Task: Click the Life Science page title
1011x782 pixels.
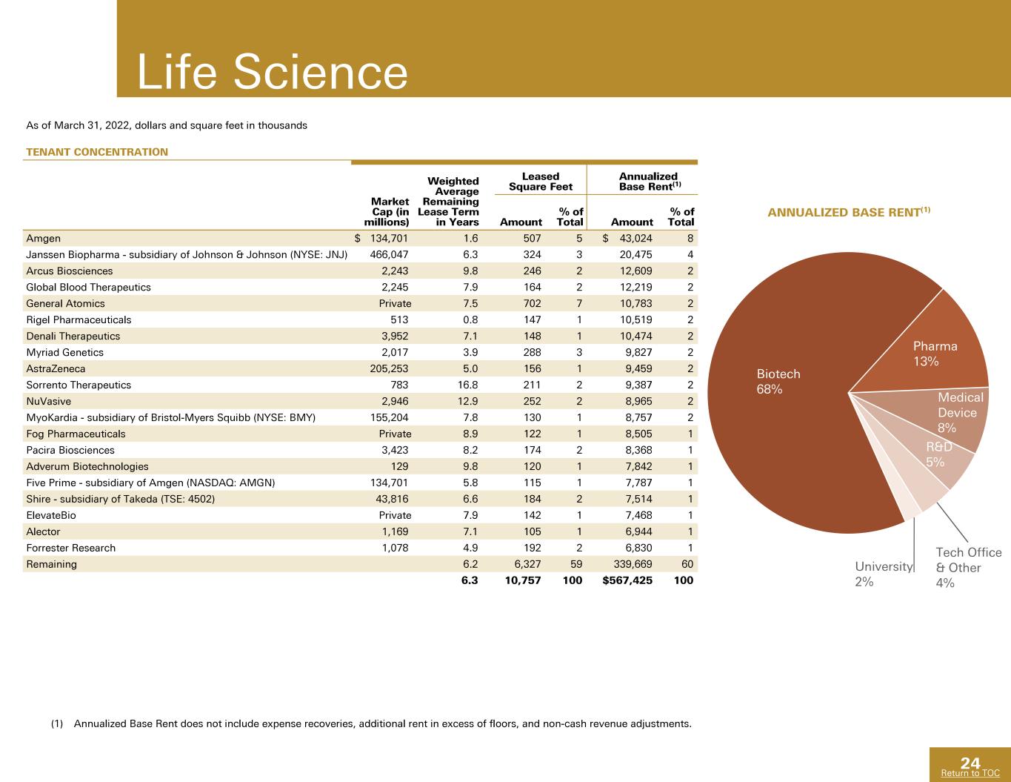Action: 273,72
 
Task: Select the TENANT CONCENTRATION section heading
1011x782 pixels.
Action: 97,152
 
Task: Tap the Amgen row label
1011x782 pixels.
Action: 43,239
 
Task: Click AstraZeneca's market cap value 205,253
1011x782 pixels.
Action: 389,368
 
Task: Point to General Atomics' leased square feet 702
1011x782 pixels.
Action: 533,303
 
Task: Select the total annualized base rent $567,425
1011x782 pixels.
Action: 627,580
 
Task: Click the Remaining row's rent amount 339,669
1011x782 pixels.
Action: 633,564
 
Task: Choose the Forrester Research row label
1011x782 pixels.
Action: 70,548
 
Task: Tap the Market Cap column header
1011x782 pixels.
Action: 387,212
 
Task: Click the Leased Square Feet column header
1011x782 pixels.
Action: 541,182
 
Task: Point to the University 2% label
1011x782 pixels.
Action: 884,574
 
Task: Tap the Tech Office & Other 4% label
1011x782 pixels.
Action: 969,568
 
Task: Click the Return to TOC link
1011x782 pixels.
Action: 970,773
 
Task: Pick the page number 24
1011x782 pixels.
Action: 970,763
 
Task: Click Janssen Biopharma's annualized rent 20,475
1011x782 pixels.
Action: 635,255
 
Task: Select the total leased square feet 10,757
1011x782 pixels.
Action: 523,580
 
